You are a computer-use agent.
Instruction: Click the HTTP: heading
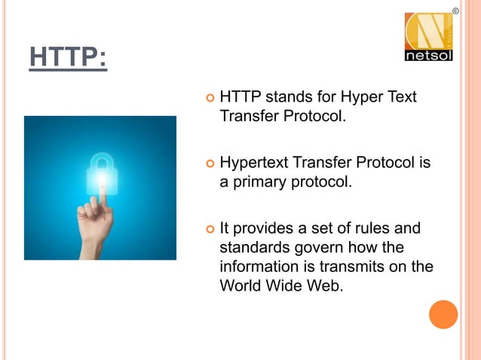point(68,57)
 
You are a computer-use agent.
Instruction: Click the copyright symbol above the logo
point(455,10)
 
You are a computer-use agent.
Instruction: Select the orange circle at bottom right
point(443,314)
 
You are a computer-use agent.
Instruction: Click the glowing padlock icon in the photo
point(101,173)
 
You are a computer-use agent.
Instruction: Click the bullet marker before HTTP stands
point(209,99)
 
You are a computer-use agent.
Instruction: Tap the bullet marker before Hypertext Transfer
point(209,164)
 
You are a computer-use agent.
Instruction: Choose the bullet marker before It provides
point(209,229)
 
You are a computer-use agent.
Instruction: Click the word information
point(258,267)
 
